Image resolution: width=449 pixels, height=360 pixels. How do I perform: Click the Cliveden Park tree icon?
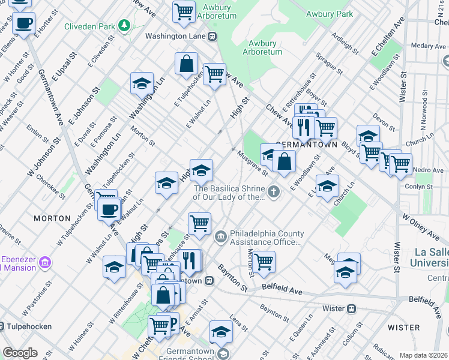(124, 25)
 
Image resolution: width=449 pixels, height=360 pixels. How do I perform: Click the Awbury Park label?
(329, 13)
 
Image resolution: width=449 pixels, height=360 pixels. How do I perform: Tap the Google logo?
(20, 353)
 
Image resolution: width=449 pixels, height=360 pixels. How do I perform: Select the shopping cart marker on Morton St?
(264, 262)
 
